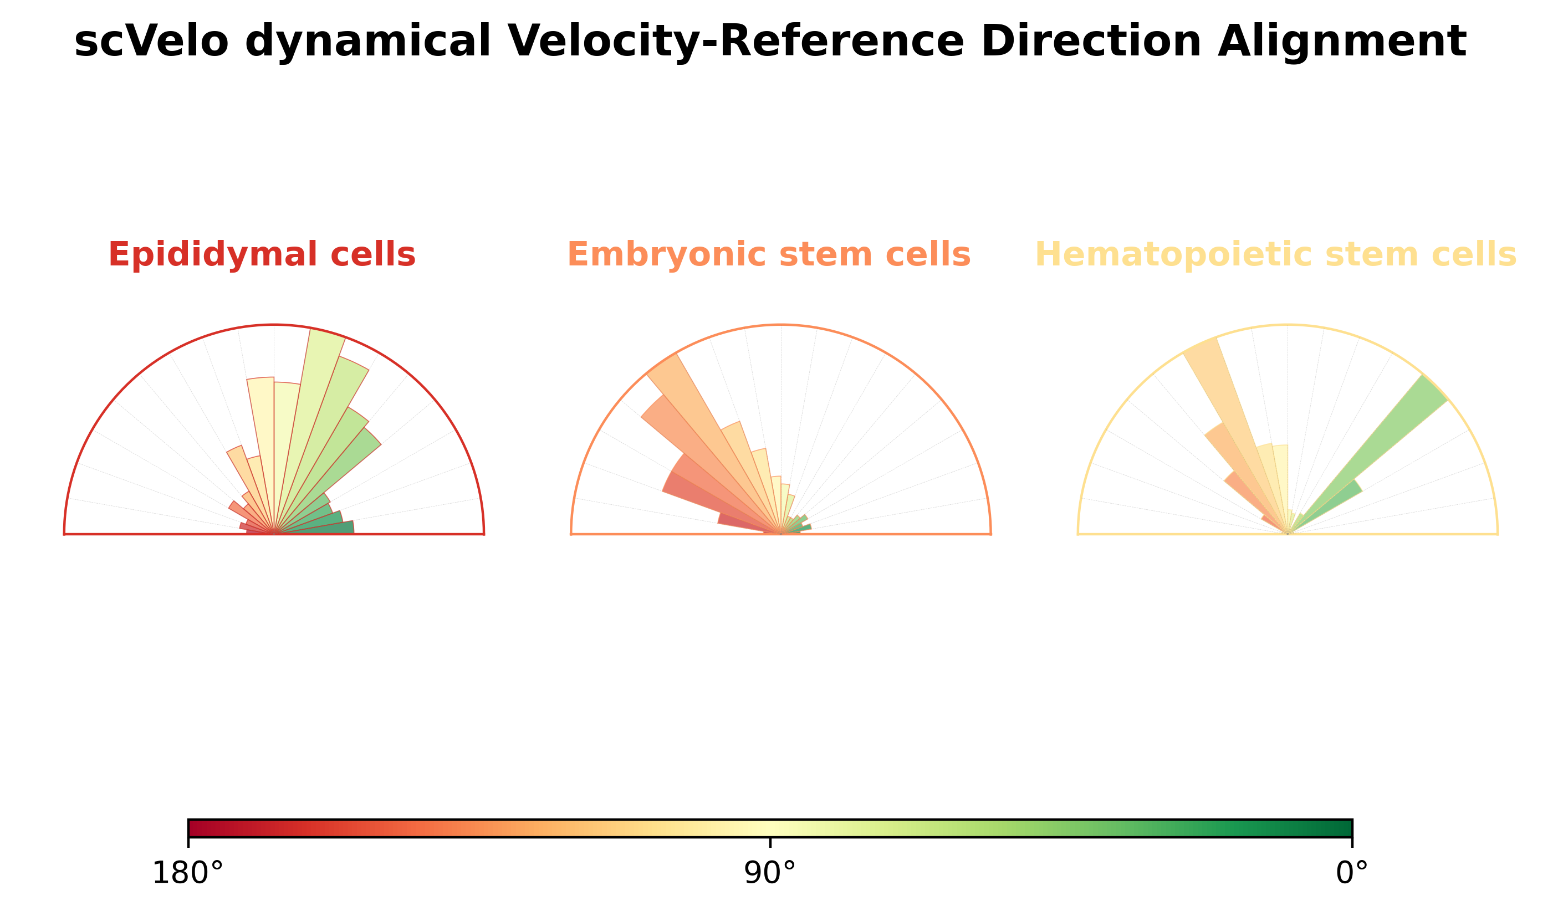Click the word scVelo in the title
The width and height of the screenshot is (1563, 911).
tap(151, 42)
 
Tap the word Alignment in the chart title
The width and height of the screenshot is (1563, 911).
tap(1341, 42)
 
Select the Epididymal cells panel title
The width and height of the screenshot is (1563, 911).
tap(262, 255)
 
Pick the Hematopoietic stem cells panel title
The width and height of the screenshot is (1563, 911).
tap(1275, 255)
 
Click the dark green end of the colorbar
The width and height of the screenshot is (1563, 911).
tap(1343, 828)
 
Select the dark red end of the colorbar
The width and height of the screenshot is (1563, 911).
tap(197, 828)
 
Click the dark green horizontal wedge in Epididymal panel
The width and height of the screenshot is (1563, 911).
tap(329, 528)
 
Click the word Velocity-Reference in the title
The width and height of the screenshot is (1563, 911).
tap(735, 42)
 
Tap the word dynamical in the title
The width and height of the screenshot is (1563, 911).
tap(368, 42)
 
